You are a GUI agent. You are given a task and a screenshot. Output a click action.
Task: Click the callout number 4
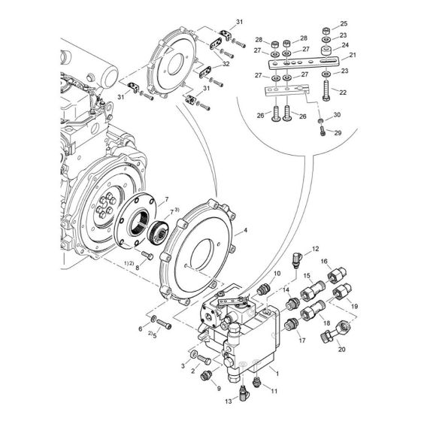click(x=245, y=230)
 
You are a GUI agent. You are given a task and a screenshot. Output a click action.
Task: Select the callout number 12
click(x=315, y=249)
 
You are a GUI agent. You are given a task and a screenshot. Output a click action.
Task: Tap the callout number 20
click(x=341, y=350)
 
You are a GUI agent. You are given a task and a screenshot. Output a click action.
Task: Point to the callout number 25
click(x=344, y=23)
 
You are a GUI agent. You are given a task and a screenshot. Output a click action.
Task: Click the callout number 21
click(x=353, y=55)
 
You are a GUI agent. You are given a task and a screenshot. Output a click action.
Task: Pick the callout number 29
click(x=338, y=132)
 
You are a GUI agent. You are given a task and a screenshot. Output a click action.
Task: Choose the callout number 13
click(x=229, y=401)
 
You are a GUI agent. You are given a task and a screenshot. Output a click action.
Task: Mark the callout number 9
click(x=219, y=388)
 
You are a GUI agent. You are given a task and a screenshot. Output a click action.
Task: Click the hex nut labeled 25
click(x=326, y=30)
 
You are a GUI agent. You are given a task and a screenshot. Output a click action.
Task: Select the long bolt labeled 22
click(x=326, y=90)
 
